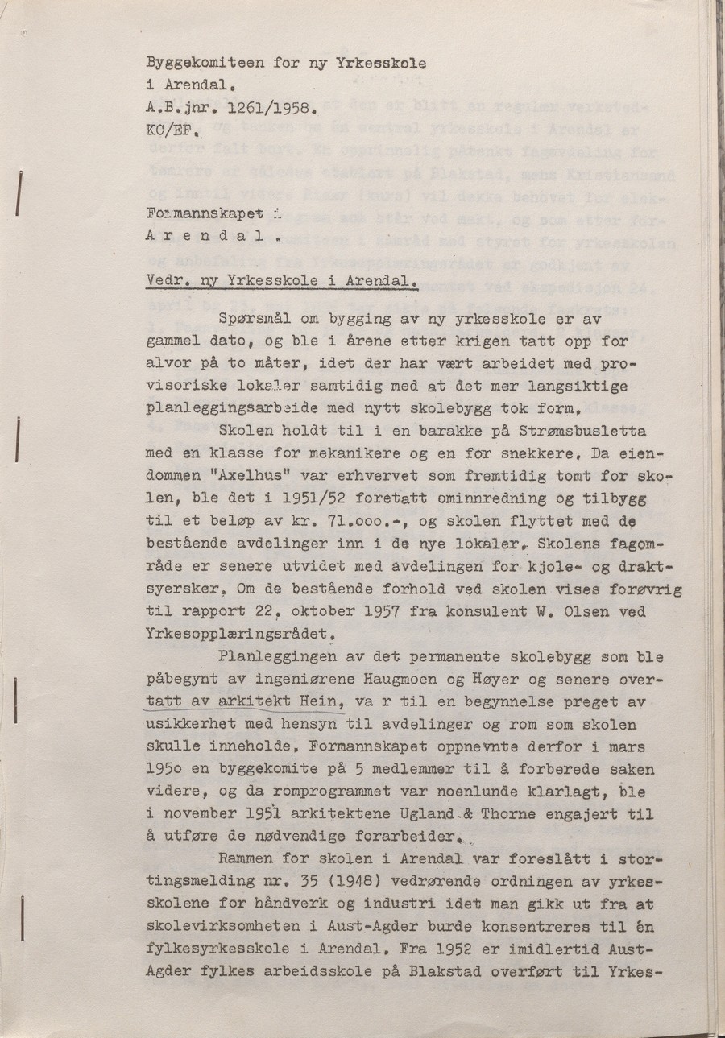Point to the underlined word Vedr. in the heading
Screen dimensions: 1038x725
pyautogui.click(x=166, y=282)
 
